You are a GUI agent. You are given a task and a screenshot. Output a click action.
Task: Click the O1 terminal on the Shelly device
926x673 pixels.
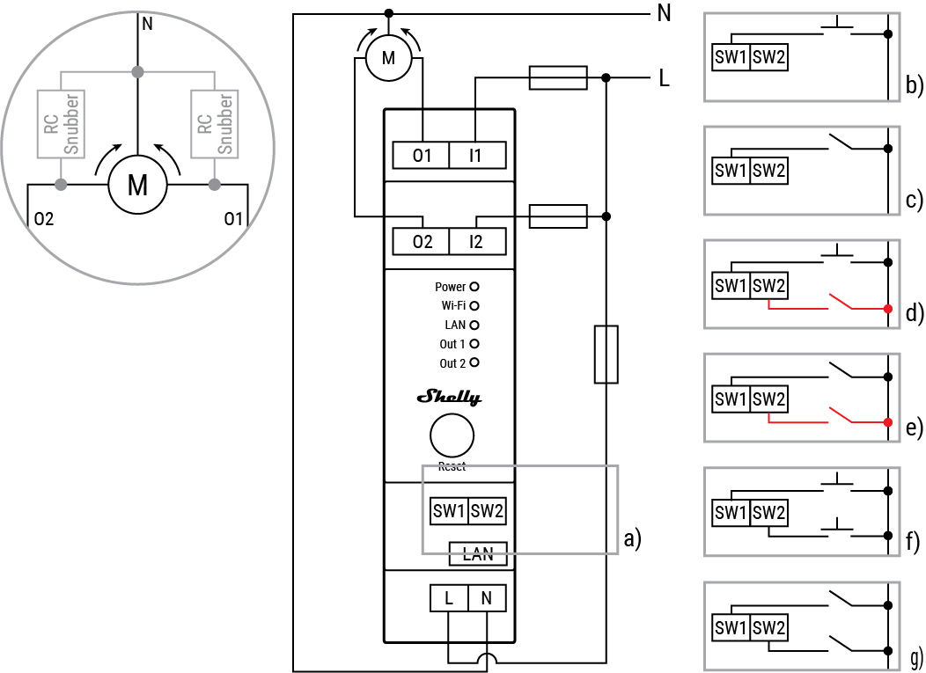(x=422, y=156)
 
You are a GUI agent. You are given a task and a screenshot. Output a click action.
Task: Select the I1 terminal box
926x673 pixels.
(x=476, y=156)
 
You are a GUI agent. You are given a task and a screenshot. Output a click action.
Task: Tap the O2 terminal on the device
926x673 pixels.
(x=422, y=241)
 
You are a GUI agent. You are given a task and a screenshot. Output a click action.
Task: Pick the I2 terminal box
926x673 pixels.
(x=476, y=241)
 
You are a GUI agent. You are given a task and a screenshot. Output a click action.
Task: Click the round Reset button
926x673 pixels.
(x=452, y=435)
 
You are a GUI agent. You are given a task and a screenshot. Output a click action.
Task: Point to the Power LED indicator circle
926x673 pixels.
(x=474, y=287)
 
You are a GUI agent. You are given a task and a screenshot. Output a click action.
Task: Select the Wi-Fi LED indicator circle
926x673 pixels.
(x=474, y=306)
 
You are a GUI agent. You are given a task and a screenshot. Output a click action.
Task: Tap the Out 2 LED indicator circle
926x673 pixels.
(x=474, y=362)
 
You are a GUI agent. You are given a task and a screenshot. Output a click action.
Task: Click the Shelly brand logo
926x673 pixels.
(x=449, y=398)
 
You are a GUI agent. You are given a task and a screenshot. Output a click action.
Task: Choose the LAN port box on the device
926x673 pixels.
(x=478, y=553)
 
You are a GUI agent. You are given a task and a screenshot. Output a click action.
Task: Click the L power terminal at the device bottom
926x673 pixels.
(x=449, y=598)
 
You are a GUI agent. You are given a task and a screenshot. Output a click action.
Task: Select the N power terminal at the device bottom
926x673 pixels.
(x=487, y=598)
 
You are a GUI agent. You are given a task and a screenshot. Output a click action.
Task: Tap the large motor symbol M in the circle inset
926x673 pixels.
(x=137, y=186)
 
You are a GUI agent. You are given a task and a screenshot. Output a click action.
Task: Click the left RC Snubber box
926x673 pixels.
(x=61, y=123)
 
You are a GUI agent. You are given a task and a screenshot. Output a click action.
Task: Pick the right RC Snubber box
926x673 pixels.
(x=215, y=123)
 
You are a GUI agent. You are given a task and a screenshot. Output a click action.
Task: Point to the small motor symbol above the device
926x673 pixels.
(x=387, y=58)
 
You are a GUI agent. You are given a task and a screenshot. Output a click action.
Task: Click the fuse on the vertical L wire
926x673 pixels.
(x=606, y=354)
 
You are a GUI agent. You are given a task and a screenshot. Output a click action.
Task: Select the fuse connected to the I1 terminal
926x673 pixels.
(x=557, y=77)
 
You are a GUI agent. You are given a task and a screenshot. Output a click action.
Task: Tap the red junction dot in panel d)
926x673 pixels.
(x=888, y=308)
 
